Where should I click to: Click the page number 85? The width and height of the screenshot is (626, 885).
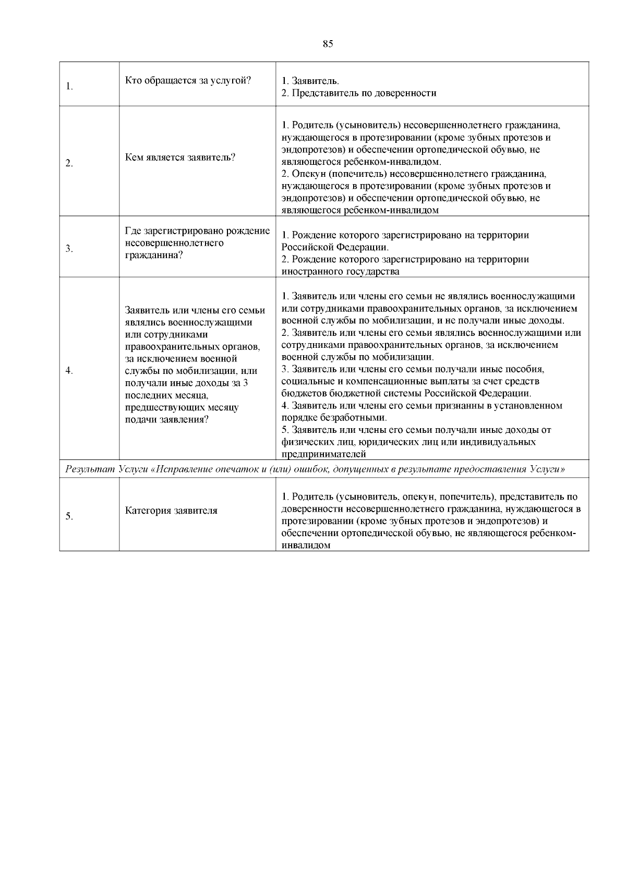[x=328, y=44]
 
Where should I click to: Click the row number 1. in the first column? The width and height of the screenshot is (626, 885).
[x=69, y=87]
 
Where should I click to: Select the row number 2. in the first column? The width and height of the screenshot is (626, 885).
[x=69, y=164]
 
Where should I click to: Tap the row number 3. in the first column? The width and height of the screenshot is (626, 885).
[x=69, y=249]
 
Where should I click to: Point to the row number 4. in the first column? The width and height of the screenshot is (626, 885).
[x=69, y=371]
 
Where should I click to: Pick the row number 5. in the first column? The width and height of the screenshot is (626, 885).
[x=69, y=516]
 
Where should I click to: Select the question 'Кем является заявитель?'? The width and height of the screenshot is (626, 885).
[x=180, y=157]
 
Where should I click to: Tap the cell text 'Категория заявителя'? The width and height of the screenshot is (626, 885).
[x=171, y=511]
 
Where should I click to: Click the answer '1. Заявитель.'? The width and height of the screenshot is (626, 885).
[x=310, y=81]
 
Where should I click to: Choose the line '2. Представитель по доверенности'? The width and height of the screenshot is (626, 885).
[x=359, y=93]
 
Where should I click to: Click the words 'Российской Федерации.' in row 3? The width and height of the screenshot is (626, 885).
[x=335, y=247]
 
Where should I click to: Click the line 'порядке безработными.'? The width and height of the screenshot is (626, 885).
[x=334, y=418]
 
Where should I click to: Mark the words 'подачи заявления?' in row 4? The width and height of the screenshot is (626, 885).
[x=167, y=420]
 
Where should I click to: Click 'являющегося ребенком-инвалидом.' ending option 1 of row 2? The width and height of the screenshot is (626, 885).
[x=361, y=162]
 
